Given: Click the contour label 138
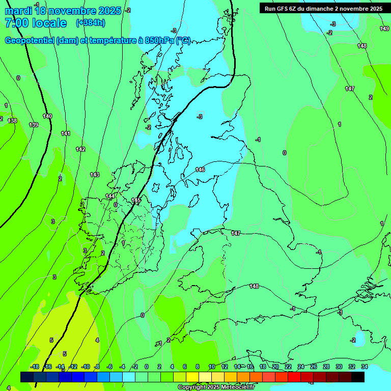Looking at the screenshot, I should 12,121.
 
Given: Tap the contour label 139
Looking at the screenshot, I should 34,125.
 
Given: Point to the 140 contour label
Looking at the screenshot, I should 47,116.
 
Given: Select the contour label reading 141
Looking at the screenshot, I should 66,133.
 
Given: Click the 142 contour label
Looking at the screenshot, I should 80,149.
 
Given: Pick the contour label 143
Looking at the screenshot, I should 95,175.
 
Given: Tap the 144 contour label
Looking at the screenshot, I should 110,196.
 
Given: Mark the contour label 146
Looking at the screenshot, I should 200,170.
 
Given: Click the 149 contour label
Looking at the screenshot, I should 384,29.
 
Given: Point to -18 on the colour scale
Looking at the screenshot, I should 35,367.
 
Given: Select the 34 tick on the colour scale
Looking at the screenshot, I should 365,367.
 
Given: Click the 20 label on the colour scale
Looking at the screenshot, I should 275,367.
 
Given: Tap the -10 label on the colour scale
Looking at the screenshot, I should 86,367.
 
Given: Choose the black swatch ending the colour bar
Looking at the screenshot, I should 358,377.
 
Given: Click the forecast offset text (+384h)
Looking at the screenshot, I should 91,22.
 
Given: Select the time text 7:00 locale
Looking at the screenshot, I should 36,23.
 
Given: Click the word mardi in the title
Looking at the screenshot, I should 19,11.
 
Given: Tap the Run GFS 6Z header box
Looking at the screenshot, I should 323,9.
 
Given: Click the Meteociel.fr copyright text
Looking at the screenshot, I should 216,387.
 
